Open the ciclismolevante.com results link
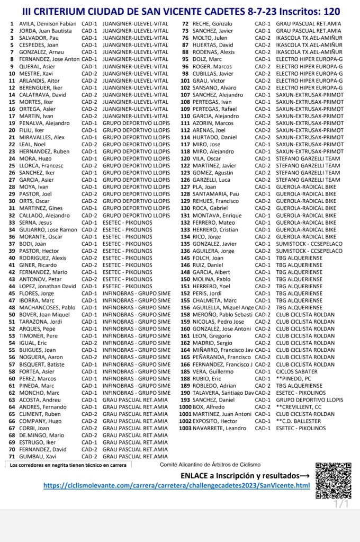(177, 485)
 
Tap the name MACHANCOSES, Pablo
(48, 307)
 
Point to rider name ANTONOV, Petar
(39, 279)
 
